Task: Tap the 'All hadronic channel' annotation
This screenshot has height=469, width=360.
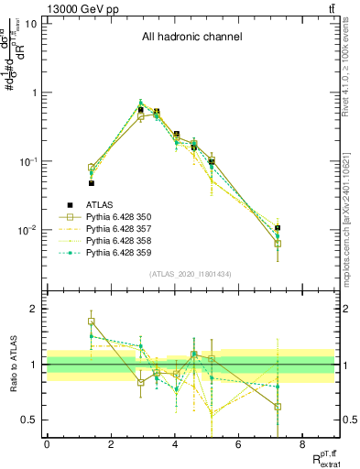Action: tap(191, 38)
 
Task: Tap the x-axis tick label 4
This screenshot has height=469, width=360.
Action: tap(174, 444)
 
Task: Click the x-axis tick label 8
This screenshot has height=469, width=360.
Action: tap(301, 444)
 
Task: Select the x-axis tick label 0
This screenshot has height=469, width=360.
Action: tap(47, 444)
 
